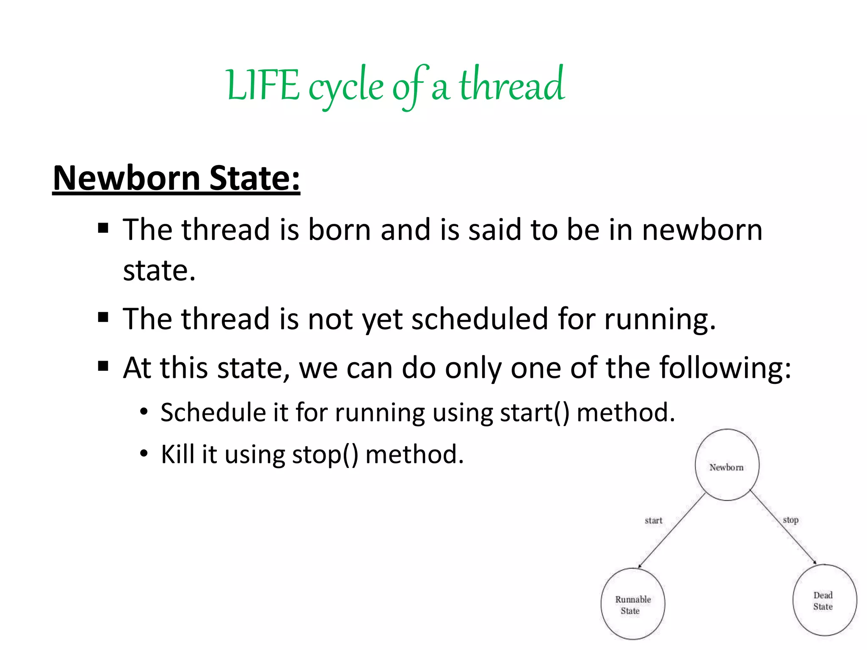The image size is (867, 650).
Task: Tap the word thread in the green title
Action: [x=512, y=85]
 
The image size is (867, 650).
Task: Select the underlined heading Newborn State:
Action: [x=176, y=178]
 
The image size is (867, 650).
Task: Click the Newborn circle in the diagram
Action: [x=727, y=465]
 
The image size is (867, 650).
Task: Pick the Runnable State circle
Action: [x=633, y=604]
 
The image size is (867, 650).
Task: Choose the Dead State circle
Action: [x=824, y=600]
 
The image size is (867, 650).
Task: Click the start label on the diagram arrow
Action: [x=653, y=521]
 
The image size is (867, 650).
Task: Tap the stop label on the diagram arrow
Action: [x=790, y=520]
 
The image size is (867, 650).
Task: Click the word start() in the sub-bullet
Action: [x=534, y=412]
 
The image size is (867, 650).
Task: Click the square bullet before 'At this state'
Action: [x=103, y=365]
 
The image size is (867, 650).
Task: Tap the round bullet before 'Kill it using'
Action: [x=144, y=454]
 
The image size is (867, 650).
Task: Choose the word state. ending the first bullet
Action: [x=159, y=271]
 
